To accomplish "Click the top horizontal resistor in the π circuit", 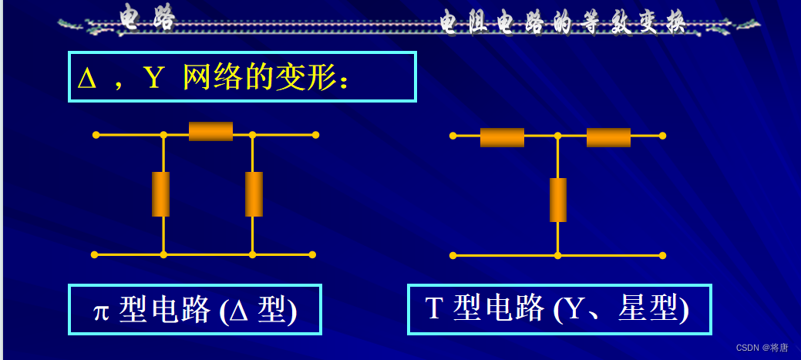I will (210, 132).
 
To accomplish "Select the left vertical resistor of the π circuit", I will (160, 194).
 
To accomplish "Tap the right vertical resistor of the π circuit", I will (254, 194).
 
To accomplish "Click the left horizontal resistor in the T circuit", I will (502, 137).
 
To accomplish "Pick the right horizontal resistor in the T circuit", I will (608, 137).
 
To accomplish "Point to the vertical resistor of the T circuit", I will (558, 200).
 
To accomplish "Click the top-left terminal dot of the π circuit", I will (96, 135).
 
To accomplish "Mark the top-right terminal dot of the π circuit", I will (315, 135).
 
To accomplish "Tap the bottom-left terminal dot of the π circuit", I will (94, 254).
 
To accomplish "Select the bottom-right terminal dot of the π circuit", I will (312, 254).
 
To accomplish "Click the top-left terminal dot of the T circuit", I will (453, 136).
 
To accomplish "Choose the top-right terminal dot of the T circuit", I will (662, 136).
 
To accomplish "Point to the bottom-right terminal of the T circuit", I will (662, 255).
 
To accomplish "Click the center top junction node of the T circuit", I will (557, 136).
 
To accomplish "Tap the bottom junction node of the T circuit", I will (557, 255).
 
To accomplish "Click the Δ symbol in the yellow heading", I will (87, 78).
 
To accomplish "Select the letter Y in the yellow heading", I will (153, 78).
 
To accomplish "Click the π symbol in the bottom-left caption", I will (101, 311).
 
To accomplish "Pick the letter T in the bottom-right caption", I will (433, 309).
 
